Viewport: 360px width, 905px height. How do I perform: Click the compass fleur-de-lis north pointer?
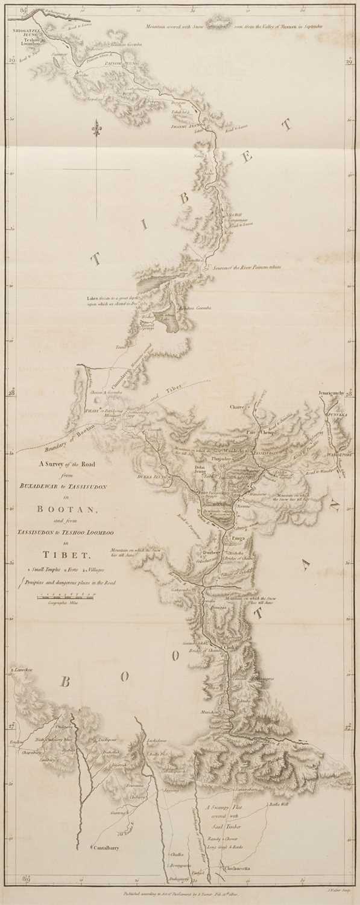coord(95,129)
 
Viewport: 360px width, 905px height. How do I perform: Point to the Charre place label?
coord(239,407)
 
